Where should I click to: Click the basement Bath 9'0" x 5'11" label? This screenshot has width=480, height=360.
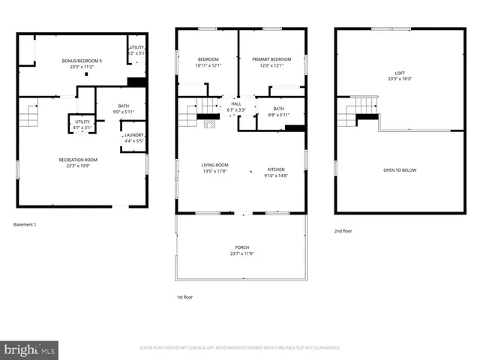point(124,109)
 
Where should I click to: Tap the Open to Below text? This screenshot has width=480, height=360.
point(400,170)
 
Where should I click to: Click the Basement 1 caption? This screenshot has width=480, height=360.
point(25,224)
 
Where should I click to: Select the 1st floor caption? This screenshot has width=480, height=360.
point(185,297)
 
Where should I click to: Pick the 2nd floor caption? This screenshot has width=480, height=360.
point(343,232)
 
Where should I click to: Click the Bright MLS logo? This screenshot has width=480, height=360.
point(30,349)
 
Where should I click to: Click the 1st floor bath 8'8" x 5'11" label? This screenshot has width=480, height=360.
point(279,112)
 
